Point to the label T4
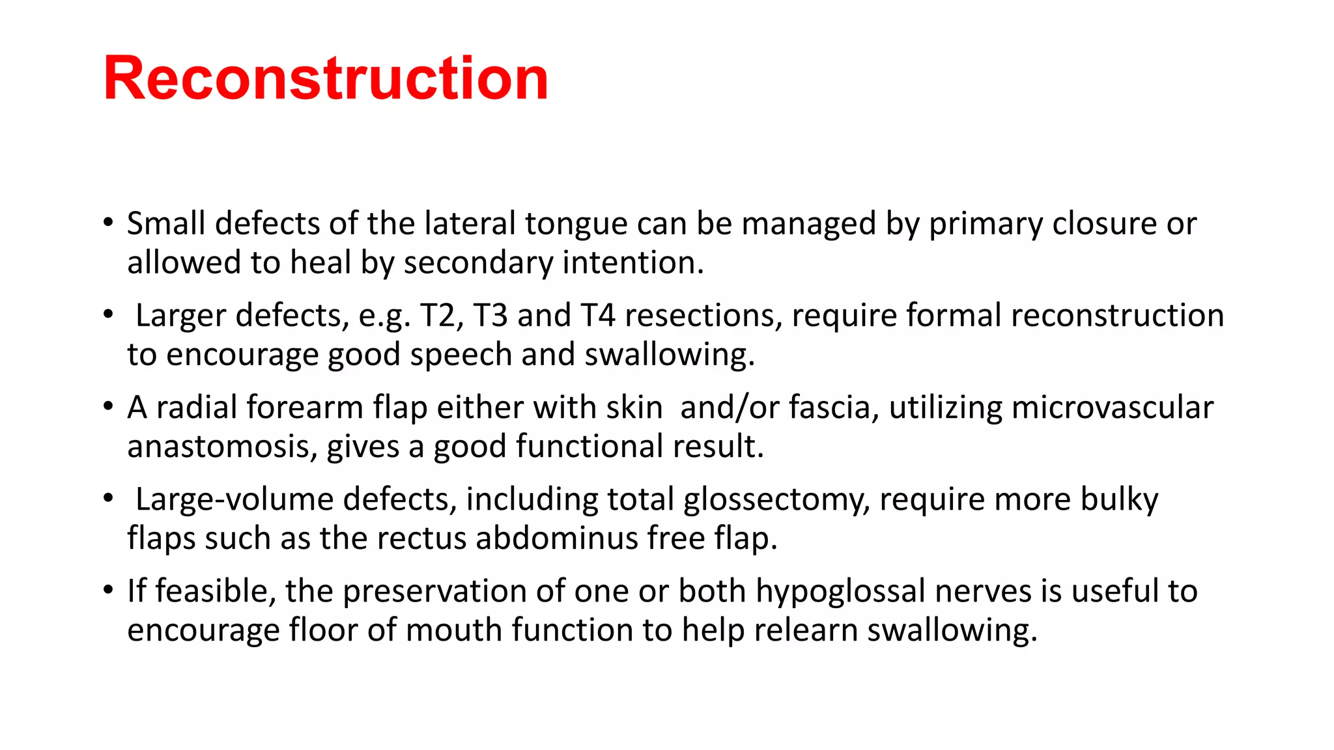pos(598,316)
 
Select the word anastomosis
pos(221,447)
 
